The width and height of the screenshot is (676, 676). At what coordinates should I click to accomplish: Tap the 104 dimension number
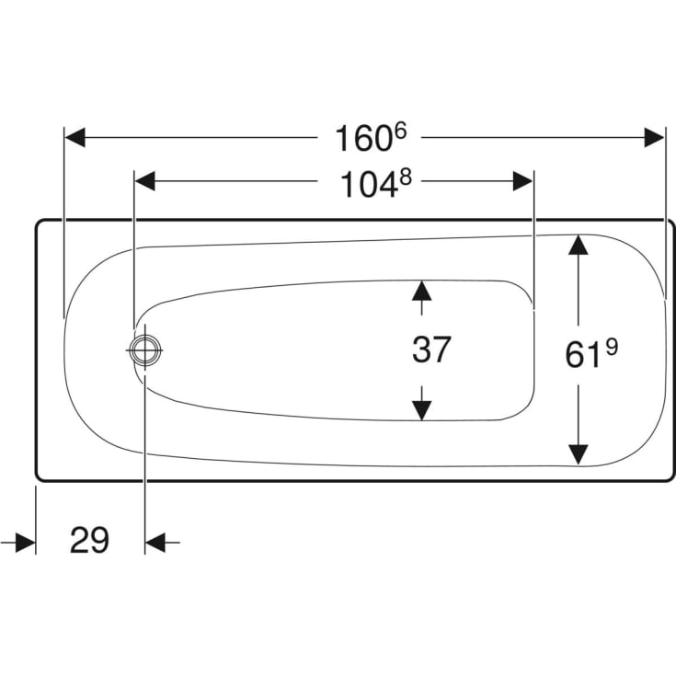pyautogui.click(x=369, y=184)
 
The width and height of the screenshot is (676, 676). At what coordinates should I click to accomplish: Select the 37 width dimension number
pyautogui.click(x=431, y=349)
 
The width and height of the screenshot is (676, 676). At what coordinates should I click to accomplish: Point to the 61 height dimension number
pyautogui.click(x=583, y=356)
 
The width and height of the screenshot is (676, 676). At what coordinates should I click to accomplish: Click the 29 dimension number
pyautogui.click(x=90, y=540)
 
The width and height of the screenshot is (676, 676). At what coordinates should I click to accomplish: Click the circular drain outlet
pyautogui.click(x=145, y=350)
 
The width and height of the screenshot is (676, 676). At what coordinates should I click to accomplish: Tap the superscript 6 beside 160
pyautogui.click(x=400, y=131)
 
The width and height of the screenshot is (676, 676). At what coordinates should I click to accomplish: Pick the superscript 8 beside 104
pyautogui.click(x=406, y=177)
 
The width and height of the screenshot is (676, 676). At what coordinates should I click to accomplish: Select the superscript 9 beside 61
pyautogui.click(x=612, y=347)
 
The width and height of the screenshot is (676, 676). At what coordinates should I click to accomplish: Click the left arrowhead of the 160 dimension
pyautogui.click(x=75, y=138)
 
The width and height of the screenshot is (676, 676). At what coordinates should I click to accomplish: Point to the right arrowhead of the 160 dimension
pyautogui.click(x=655, y=138)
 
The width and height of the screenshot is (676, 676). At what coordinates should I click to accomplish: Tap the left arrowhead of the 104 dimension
pyautogui.click(x=145, y=181)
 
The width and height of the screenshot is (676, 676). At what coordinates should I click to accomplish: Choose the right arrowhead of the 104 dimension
pyautogui.click(x=523, y=181)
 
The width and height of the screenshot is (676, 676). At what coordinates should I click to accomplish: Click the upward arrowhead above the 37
pyautogui.click(x=421, y=291)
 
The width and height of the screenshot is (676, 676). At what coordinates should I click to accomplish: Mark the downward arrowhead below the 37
pyautogui.click(x=421, y=410)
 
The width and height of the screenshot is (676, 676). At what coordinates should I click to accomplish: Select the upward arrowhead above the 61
pyautogui.click(x=579, y=245)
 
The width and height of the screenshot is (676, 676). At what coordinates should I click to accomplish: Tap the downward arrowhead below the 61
pyautogui.click(x=579, y=455)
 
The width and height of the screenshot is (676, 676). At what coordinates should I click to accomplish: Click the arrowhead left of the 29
pyautogui.click(x=26, y=543)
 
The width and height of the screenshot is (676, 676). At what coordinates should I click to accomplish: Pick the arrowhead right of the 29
pyautogui.click(x=155, y=543)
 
